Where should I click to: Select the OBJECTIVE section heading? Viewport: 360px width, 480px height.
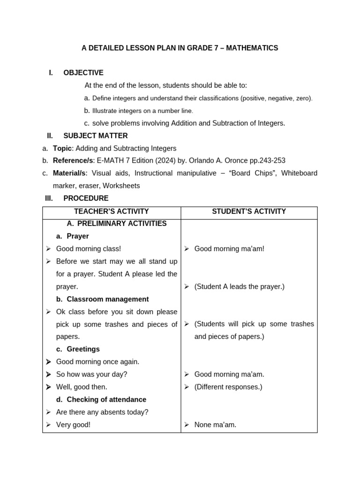[83, 73]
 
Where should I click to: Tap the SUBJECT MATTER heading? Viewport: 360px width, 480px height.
[96, 136]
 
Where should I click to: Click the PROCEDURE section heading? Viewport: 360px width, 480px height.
[86, 198]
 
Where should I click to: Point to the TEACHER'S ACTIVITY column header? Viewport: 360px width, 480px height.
[112, 211]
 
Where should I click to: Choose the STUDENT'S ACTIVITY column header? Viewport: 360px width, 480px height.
[249, 211]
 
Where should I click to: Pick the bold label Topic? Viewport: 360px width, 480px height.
[62, 149]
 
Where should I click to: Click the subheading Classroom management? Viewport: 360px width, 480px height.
[107, 299]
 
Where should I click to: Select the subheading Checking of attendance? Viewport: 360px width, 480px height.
[106, 399]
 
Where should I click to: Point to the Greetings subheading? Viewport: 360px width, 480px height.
[83, 349]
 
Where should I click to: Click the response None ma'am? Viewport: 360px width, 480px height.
[215, 425]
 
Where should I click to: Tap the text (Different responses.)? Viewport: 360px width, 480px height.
[228, 387]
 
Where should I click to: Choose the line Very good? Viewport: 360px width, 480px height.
[73, 425]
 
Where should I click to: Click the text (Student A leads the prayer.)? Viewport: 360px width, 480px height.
[239, 286]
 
